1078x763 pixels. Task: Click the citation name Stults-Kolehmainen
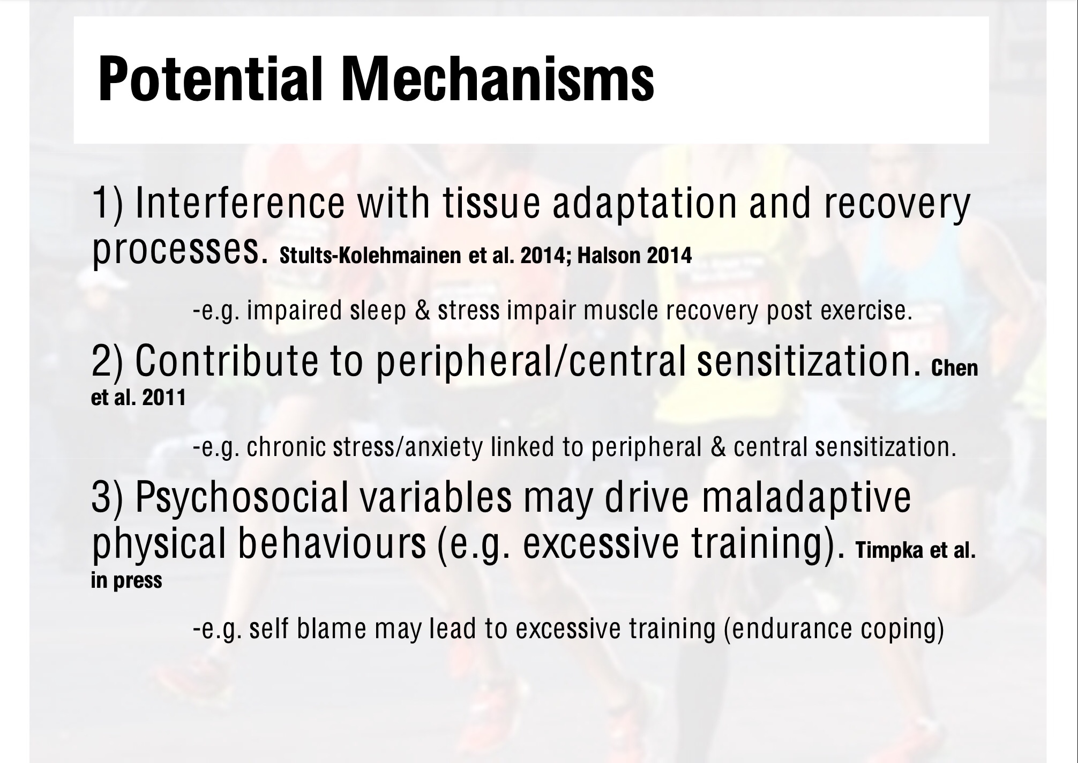(x=370, y=256)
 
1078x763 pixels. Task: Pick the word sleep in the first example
(x=378, y=311)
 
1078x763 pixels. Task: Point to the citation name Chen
(x=955, y=368)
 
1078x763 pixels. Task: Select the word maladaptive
(x=806, y=498)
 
